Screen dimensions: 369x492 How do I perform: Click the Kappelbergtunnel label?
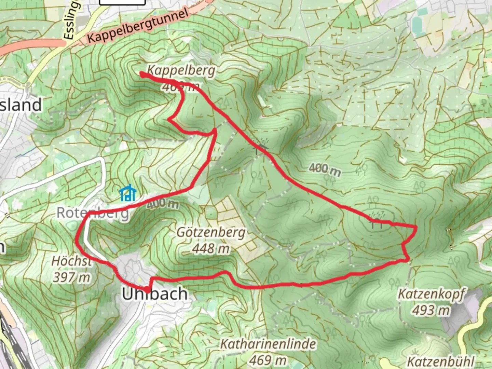(x=137, y=26)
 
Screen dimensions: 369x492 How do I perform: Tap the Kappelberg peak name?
(x=181, y=70)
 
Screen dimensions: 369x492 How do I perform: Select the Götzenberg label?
(x=211, y=233)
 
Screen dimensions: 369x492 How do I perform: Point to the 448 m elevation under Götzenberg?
(x=211, y=249)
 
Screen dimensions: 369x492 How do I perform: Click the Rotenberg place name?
(x=93, y=213)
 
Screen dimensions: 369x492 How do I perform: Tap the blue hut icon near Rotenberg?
(x=128, y=193)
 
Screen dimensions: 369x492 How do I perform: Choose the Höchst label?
(x=72, y=261)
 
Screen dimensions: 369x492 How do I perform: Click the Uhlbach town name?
(x=155, y=294)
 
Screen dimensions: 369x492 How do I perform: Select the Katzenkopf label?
(x=431, y=294)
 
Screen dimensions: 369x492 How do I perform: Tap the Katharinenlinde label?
(x=268, y=344)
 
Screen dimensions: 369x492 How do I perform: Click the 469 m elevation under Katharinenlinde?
(x=268, y=359)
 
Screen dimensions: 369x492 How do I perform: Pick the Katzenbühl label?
(x=441, y=361)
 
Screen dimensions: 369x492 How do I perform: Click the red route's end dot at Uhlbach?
(x=147, y=290)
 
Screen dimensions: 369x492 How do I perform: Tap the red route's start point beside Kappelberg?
(x=141, y=73)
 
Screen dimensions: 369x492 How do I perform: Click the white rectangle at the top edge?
(x=122, y=2)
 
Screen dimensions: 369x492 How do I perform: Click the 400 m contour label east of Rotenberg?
(x=163, y=204)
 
